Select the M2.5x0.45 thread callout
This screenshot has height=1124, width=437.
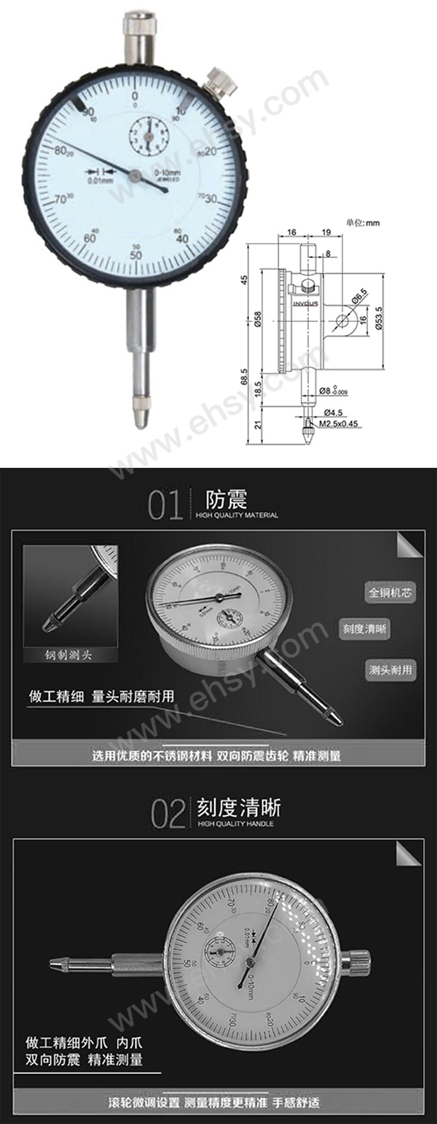(339, 425)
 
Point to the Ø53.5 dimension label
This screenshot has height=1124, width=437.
(379, 319)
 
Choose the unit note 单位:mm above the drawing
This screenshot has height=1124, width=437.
(363, 223)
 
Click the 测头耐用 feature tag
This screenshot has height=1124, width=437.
(391, 670)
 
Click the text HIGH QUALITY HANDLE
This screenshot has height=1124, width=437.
(235, 824)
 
